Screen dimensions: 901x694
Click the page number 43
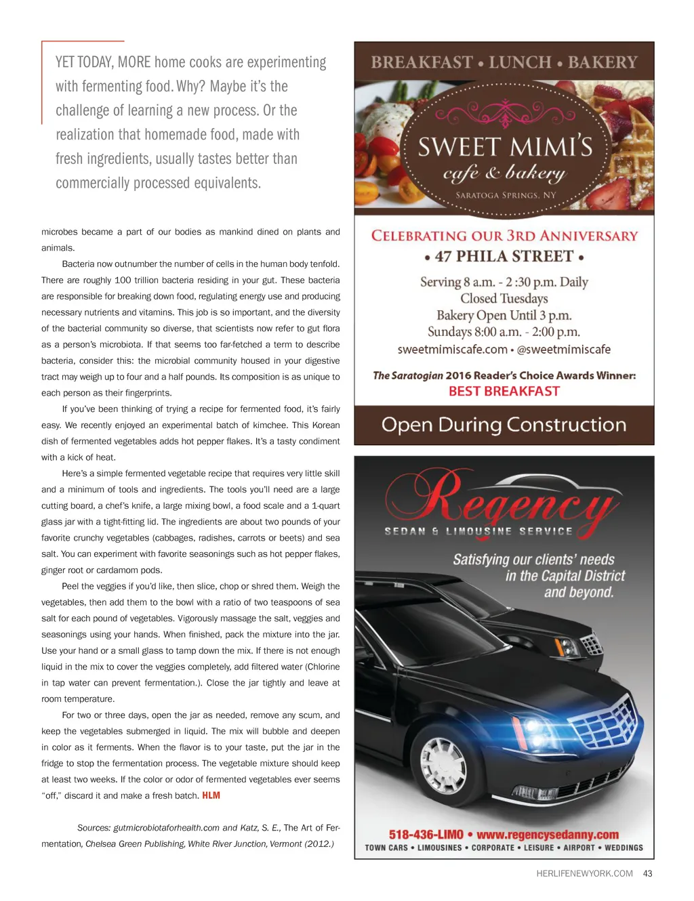click(647, 873)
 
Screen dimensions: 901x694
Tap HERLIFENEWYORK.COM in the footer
click(584, 873)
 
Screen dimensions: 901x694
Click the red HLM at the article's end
click(211, 795)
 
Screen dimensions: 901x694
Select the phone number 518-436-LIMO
click(426, 834)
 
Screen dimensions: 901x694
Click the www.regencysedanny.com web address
click(548, 834)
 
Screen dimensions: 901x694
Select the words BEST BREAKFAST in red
click(504, 391)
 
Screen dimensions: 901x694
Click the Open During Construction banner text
click(504, 425)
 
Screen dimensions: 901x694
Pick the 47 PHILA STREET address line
click(504, 256)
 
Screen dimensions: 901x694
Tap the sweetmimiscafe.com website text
click(452, 350)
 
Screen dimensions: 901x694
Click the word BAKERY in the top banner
click(603, 62)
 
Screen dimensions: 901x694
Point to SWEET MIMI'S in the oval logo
click(505, 147)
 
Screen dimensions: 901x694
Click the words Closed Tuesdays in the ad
click(504, 299)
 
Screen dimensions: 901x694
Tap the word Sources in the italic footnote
click(93, 827)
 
